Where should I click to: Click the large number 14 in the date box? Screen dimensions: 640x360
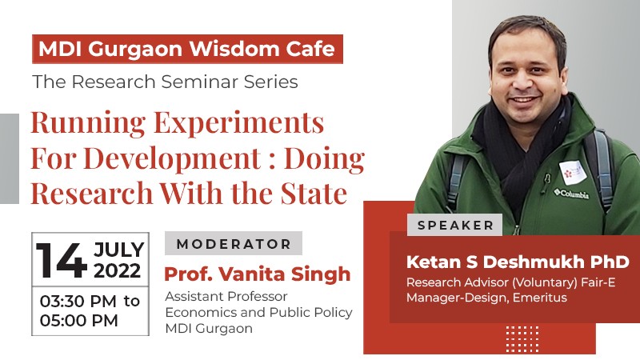pyautogui.click(x=62, y=260)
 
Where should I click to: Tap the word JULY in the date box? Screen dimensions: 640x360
pyautogui.click(x=118, y=250)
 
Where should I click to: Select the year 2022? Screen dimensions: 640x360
pyautogui.click(x=117, y=271)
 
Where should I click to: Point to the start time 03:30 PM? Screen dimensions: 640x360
pyautogui.click(x=78, y=302)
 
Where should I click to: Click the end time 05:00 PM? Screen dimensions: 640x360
pyautogui.click(x=78, y=321)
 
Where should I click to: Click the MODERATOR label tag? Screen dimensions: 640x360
pyautogui.click(x=234, y=244)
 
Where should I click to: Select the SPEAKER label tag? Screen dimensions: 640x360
pyautogui.click(x=455, y=225)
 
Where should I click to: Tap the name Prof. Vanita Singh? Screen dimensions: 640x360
pyautogui.click(x=257, y=274)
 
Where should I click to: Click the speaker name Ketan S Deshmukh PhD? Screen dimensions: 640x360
pyautogui.click(x=518, y=262)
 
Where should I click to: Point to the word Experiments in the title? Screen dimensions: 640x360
pyautogui.click(x=238, y=123)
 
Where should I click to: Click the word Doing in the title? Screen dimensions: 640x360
pyautogui.click(x=324, y=159)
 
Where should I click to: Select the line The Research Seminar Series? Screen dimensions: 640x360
pyautogui.click(x=166, y=82)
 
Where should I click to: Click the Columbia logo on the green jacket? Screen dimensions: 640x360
pyautogui.click(x=571, y=194)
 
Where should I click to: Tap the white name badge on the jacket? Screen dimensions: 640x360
pyautogui.click(x=573, y=173)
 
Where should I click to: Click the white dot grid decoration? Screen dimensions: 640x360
pyautogui.click(x=522, y=338)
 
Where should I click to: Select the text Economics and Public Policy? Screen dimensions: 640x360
pyautogui.click(x=258, y=312)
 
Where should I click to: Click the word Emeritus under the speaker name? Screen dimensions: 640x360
pyautogui.click(x=539, y=298)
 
